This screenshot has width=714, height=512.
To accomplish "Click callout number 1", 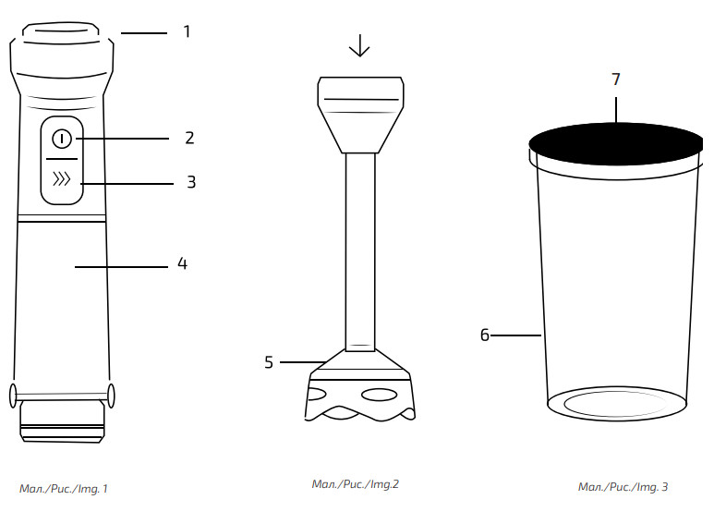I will (x=187, y=31).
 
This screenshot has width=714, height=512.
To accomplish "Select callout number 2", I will (x=189, y=138).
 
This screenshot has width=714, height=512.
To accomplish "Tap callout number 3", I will (x=191, y=182).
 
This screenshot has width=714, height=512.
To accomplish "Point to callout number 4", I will (x=183, y=264).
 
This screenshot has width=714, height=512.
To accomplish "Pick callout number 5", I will (x=269, y=362).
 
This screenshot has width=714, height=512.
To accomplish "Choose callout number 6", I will (x=484, y=335).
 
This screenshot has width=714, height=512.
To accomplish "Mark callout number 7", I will (x=616, y=79).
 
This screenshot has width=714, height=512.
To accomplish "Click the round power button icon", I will (x=61, y=139).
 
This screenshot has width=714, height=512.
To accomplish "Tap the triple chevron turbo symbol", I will (x=62, y=180).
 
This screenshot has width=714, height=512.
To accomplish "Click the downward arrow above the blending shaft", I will (x=359, y=46).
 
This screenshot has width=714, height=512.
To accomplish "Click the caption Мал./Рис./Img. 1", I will (x=64, y=488).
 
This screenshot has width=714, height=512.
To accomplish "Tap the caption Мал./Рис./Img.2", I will (x=355, y=483).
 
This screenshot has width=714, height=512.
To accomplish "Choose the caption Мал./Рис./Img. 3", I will (x=623, y=487).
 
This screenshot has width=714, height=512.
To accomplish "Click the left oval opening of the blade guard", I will (x=315, y=395).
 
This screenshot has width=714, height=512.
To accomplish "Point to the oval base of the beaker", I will (x=616, y=404).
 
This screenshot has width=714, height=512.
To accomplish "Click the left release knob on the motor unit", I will (x=14, y=395).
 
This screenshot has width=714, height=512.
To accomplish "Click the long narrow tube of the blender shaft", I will (x=360, y=250).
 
